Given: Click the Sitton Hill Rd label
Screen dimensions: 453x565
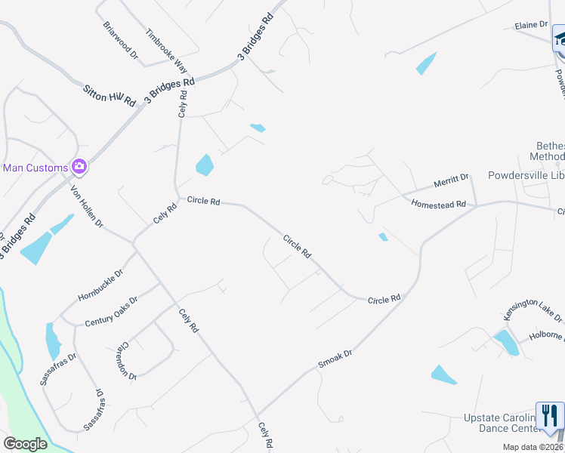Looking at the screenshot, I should (109, 94).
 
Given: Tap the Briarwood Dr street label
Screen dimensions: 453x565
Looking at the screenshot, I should (120, 39).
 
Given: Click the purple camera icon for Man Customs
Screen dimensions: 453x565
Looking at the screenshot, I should (79, 166).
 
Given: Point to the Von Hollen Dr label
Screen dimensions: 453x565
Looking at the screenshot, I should (87, 206).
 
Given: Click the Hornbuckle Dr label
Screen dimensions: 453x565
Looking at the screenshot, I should (97, 285).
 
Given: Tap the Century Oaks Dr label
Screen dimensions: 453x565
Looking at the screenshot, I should (111, 310).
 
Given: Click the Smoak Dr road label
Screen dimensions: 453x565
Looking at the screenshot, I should (335, 358).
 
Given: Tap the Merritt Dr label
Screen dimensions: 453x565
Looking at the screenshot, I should (451, 183).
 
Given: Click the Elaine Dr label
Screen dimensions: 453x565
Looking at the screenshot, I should (530, 25).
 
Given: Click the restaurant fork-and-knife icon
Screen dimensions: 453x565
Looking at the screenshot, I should (549, 415).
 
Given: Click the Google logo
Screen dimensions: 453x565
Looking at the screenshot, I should (25, 444).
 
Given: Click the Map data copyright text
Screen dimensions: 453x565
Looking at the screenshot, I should (533, 447).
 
